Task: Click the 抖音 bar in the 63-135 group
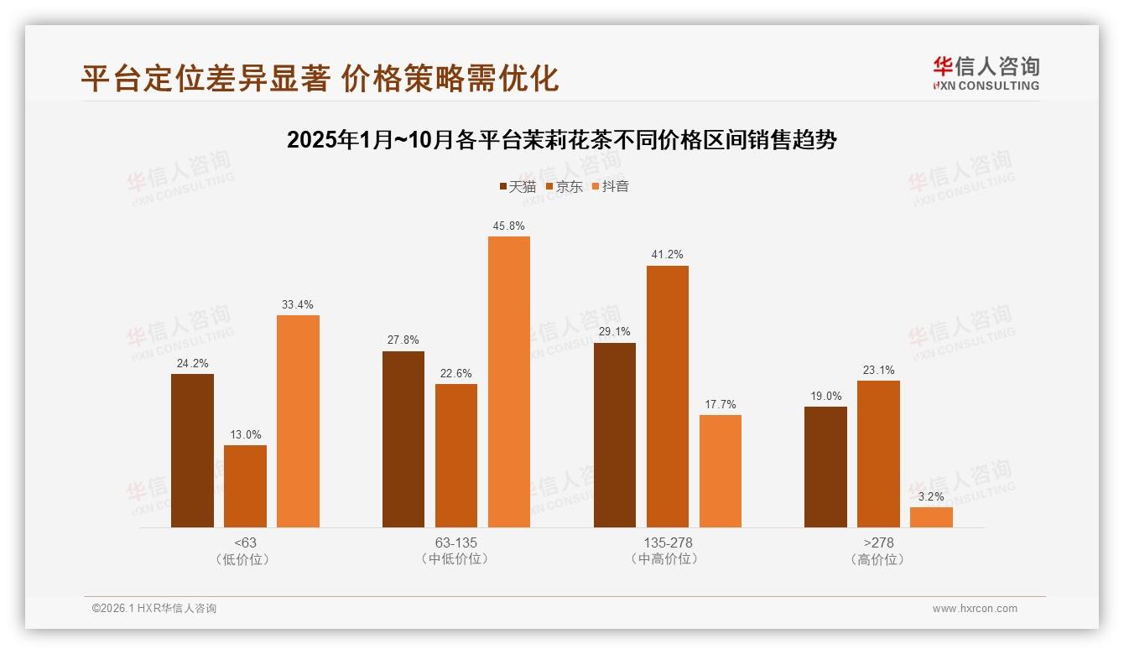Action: tap(508, 381)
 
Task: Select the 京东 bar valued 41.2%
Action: tap(667, 397)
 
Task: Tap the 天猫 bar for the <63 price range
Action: tap(192, 450)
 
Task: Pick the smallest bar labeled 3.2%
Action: tap(931, 516)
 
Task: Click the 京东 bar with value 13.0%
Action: tap(245, 486)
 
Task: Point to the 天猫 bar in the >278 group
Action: tap(825, 467)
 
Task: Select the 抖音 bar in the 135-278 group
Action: tap(720, 471)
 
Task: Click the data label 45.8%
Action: tap(509, 226)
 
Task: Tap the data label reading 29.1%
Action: tap(615, 331)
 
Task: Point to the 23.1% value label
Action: tap(878, 370)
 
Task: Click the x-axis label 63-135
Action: tap(455, 542)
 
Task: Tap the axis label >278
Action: tap(878, 542)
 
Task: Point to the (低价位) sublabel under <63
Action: tap(245, 559)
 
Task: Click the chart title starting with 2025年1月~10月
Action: tap(561, 140)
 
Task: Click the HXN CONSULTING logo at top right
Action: tap(986, 74)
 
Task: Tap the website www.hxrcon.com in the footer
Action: tap(974, 609)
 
